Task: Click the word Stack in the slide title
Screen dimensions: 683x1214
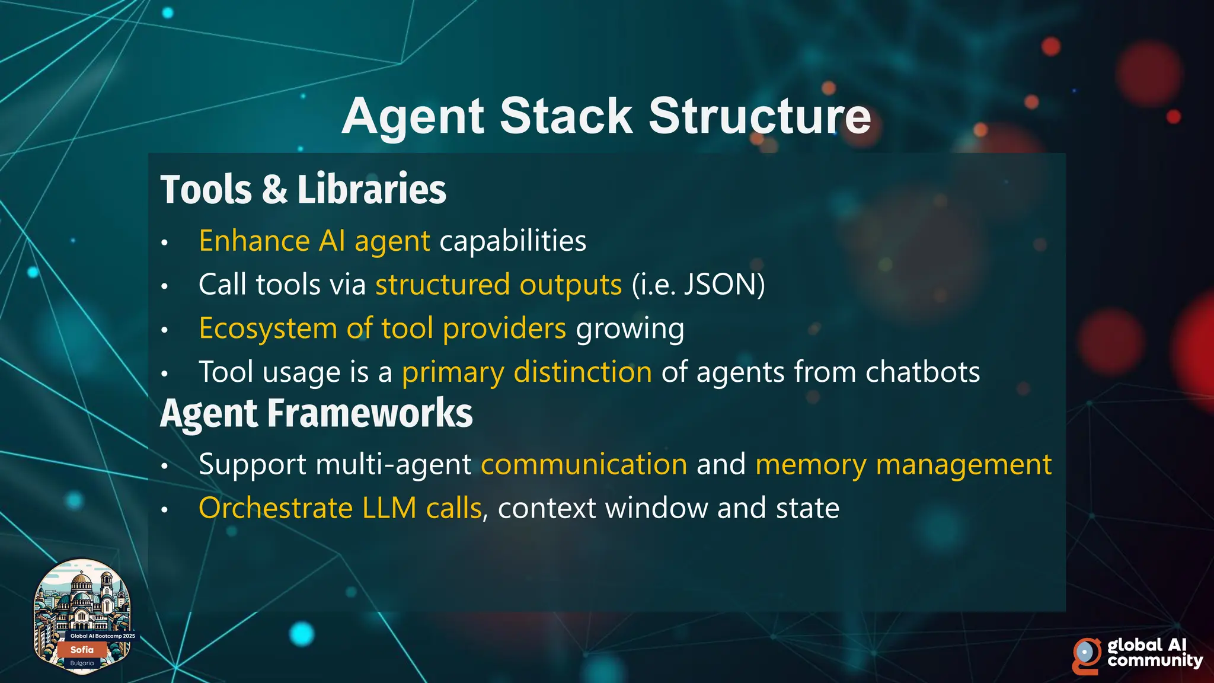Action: [x=566, y=116]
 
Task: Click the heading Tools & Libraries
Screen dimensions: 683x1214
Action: [x=303, y=190]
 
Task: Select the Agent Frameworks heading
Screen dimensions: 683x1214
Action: [x=317, y=413]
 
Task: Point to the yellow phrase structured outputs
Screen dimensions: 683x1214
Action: [x=499, y=285]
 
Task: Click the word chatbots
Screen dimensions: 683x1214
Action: [x=922, y=372]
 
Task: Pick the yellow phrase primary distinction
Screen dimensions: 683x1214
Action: [x=527, y=372]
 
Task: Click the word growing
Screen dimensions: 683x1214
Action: [x=630, y=328]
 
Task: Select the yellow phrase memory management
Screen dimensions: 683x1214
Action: [x=903, y=464]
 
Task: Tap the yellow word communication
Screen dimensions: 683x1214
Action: [x=584, y=464]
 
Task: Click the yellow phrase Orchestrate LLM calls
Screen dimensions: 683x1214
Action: [x=340, y=508]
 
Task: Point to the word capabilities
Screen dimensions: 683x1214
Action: [x=513, y=241]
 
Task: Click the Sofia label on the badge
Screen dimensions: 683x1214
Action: [x=82, y=650]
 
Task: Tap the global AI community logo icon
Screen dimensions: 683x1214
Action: [x=1086, y=656]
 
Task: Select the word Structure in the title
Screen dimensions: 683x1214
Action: [x=759, y=116]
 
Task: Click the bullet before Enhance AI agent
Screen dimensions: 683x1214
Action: [x=165, y=242]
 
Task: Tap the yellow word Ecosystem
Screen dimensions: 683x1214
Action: [x=268, y=328]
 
